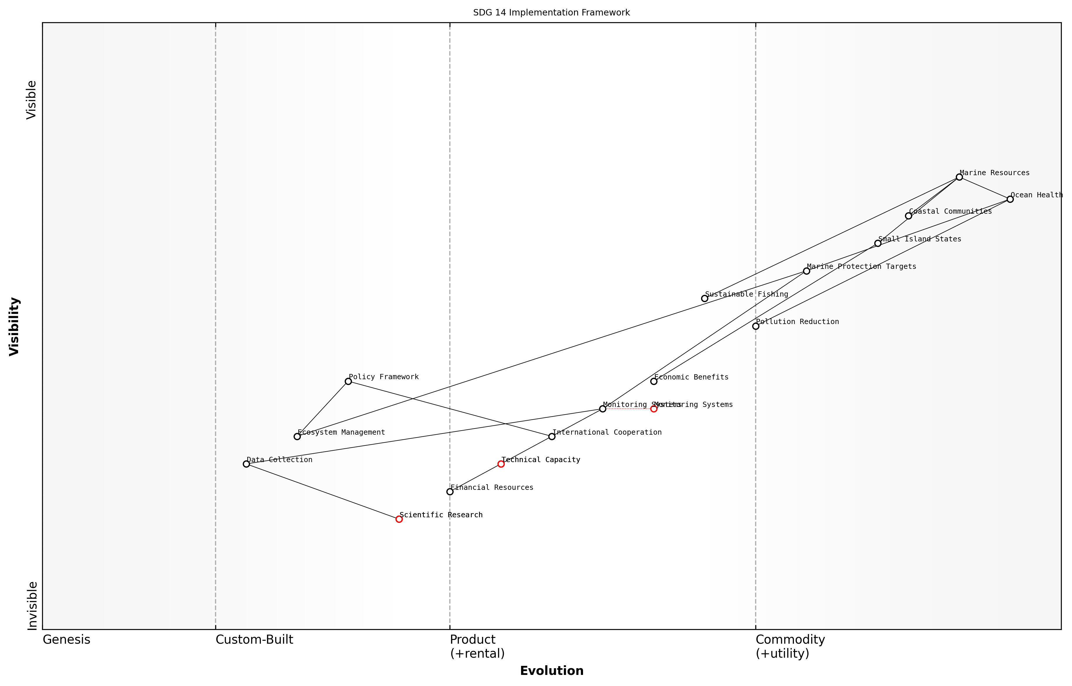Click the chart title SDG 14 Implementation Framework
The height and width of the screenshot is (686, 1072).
coord(551,13)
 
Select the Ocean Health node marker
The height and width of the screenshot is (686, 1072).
coord(1010,199)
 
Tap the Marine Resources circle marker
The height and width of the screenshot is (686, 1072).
coord(959,177)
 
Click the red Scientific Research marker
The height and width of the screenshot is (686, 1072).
coord(399,519)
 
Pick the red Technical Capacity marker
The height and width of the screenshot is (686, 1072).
coord(501,464)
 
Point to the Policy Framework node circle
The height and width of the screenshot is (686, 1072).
coord(348,381)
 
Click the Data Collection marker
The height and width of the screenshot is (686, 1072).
coord(246,464)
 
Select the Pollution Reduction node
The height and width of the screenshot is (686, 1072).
coord(756,326)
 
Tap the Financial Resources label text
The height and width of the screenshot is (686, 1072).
coord(492,487)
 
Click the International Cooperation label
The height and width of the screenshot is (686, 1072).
coord(607,432)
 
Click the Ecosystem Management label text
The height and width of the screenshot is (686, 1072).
coord(341,432)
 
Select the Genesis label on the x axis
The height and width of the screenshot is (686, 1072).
coord(66,640)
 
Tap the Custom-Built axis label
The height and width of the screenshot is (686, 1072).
coord(254,640)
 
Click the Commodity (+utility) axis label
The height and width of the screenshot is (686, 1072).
coord(790,646)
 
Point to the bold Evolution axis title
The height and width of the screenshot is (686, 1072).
coord(551,671)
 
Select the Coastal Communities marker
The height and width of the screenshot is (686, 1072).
coord(908,216)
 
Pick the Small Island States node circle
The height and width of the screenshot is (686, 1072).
coord(878,243)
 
